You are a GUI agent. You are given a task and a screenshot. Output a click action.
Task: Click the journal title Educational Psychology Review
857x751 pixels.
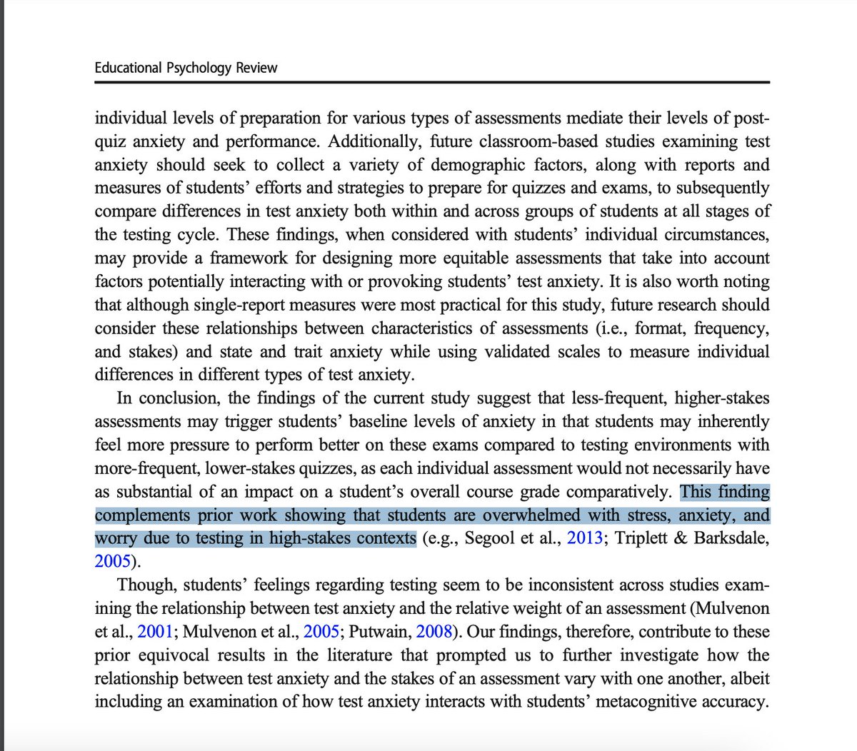(186, 69)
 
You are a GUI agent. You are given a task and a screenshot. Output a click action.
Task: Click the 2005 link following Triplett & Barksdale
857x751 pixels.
(111, 561)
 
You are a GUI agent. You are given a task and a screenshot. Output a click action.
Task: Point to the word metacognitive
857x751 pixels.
(621, 702)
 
